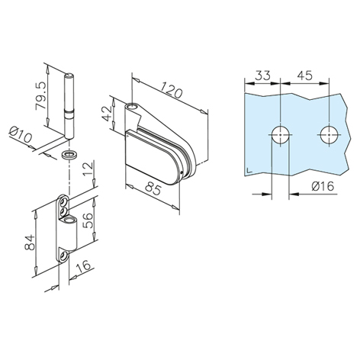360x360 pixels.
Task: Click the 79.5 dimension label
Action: pos(41,96)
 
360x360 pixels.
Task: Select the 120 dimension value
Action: pos(171,89)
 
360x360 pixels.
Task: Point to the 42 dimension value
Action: pos(107,113)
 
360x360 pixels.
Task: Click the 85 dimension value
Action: pos(153,188)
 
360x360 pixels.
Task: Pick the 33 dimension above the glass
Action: pos(262,76)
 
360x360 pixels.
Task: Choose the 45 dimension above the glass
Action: pos(304,75)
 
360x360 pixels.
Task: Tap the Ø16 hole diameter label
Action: pos(323,186)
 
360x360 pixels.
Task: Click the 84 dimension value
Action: pos(30,243)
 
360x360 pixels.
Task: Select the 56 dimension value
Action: pos(88,220)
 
